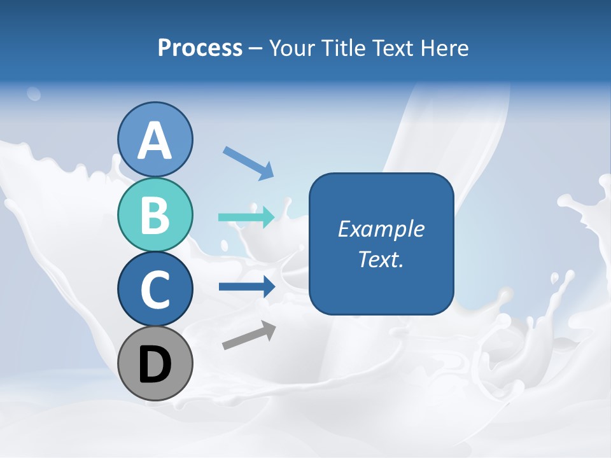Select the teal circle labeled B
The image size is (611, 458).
[155, 214]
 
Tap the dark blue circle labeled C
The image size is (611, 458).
[155, 289]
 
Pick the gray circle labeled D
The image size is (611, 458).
[155, 363]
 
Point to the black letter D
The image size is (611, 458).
[155, 364]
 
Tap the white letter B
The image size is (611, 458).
[155, 215]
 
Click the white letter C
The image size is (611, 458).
[155, 289]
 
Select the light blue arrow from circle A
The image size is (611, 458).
[248, 162]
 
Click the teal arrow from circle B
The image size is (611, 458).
[246, 218]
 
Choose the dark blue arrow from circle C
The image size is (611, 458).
[246, 287]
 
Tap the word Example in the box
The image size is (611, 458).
[381, 229]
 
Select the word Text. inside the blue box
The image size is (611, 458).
[381, 259]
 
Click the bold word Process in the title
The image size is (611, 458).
[200, 48]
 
